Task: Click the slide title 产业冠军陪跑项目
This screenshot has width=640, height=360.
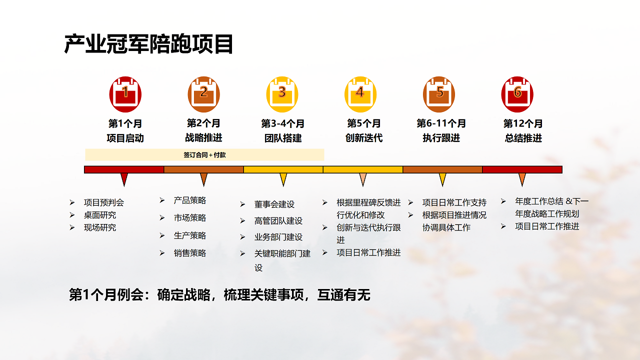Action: point(149,44)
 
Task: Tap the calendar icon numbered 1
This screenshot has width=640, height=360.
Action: point(125,94)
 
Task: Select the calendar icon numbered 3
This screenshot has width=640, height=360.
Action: point(282,94)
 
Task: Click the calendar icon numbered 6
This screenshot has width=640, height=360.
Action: point(517,94)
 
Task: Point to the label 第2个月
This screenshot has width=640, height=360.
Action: point(203,123)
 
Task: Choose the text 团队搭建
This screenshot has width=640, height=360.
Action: point(283,138)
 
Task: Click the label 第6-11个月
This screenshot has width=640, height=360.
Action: point(441,123)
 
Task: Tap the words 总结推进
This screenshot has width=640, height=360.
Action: point(523,138)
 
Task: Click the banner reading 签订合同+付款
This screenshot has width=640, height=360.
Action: point(204,155)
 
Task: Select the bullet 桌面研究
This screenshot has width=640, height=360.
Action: point(100,215)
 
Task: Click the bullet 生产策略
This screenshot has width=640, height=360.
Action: point(190,235)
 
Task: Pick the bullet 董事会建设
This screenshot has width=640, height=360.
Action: point(274,204)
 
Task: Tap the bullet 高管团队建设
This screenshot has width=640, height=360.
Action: point(278,221)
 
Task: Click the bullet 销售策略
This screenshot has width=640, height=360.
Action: point(190,253)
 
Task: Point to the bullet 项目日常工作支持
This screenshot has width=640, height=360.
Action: point(454,202)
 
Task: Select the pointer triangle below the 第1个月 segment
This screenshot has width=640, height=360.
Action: point(124,179)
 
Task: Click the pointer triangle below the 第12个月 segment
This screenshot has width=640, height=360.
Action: point(522,179)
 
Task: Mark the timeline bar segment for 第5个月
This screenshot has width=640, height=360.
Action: point(363,169)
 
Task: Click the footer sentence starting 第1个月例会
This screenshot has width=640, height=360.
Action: point(219,295)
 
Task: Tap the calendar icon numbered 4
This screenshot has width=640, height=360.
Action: point(360,94)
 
